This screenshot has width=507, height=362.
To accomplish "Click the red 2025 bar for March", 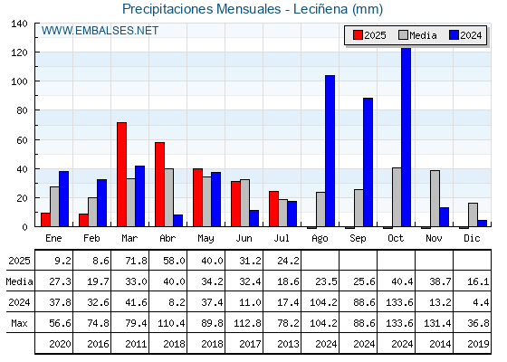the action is [122, 175].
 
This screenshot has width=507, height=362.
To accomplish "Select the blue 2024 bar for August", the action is [330, 151].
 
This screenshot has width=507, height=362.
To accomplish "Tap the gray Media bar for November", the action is [435, 198].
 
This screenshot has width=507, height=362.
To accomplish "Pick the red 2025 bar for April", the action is [159, 185].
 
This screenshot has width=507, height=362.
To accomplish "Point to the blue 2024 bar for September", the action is [368, 162].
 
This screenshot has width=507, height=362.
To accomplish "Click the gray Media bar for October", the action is [397, 197].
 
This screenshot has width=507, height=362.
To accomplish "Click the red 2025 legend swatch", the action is [358, 35].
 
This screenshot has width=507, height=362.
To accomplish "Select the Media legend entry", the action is [417, 35].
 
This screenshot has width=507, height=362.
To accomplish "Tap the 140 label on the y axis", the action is [20, 24].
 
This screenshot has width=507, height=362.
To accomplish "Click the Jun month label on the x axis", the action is [244, 239].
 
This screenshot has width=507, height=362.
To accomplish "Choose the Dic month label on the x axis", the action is [472, 238].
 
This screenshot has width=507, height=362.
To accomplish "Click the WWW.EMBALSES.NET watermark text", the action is [100, 31].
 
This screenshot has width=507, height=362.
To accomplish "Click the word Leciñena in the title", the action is [320, 9].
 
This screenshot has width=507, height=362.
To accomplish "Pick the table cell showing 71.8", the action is [136, 261].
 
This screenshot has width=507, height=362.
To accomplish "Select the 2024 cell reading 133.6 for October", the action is [399, 302].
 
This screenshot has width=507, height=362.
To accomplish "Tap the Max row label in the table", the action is [19, 323].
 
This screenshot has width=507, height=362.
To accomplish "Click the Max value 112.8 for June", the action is [247, 323].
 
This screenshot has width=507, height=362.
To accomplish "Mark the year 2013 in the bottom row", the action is [289, 344].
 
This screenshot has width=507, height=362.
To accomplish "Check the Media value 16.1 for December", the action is [478, 281].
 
